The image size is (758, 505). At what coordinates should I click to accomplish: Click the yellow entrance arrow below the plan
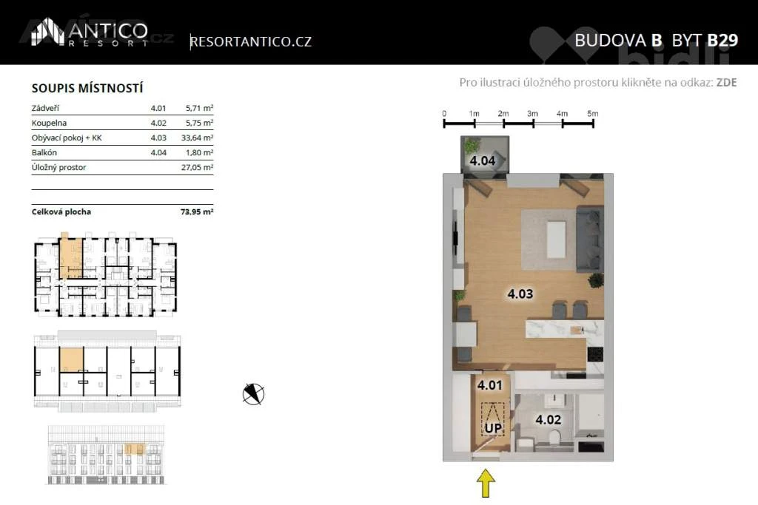pos(486,484)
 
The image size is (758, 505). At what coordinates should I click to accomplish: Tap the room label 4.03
pos(520,294)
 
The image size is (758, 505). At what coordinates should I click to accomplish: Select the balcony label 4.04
pos(483,160)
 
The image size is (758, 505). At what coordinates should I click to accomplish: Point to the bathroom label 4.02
pos(549,419)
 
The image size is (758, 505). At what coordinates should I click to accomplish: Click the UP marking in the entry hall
pos(493,428)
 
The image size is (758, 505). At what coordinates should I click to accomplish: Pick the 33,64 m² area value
pos(197,138)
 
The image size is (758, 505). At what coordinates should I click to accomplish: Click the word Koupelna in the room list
pos(49,123)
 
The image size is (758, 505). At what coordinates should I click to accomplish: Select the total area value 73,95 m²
pos(197,211)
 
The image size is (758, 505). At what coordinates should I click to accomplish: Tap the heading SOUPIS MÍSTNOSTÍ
pos(87,88)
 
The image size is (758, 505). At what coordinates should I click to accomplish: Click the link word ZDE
pos(726,83)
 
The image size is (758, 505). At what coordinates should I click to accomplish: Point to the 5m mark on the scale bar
pos(593,114)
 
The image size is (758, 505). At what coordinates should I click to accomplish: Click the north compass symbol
pos(253,394)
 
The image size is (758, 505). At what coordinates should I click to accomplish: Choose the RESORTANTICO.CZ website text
pos(251,41)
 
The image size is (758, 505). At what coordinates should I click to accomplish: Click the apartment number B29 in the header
pos(722,40)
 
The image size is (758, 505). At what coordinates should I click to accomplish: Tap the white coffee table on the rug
pos(556,240)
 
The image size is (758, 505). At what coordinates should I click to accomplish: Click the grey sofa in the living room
pos(590,239)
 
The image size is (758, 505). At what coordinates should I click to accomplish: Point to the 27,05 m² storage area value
pos(197,168)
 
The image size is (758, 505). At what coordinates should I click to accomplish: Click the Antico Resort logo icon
pos(48,33)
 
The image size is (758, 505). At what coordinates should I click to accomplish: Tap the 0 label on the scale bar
pos(444,114)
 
